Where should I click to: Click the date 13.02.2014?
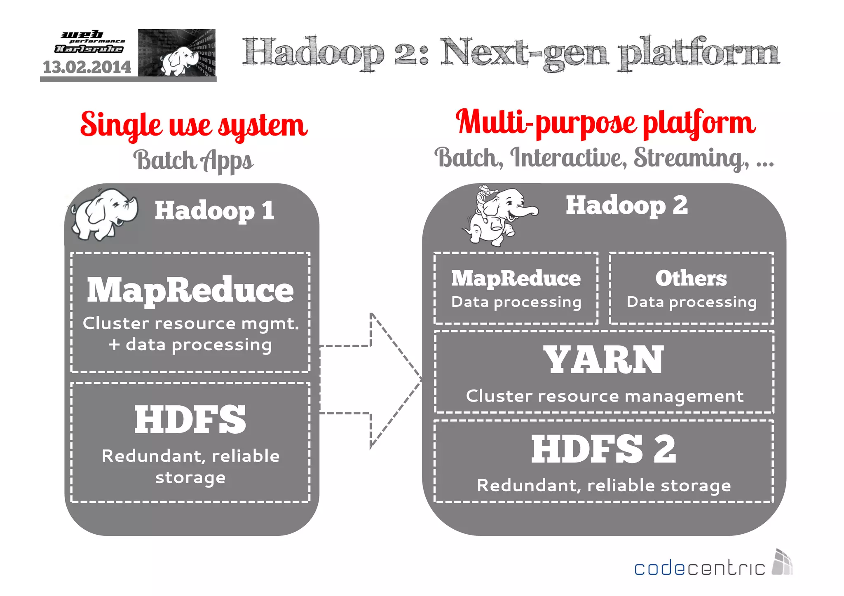87,67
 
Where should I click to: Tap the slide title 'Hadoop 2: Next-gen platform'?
511,53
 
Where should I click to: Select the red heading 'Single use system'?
194,125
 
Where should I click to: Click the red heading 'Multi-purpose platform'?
605,122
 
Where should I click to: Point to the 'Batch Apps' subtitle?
193,160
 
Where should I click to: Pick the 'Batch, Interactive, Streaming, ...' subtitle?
604,158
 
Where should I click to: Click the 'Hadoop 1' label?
214,210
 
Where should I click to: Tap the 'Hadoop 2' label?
626,205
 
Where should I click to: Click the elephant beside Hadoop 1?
105,213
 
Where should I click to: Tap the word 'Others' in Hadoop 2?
691,278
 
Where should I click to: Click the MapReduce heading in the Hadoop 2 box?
516,278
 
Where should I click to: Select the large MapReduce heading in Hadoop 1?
190,290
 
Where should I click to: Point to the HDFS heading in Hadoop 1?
190,420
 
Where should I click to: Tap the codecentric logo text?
699,569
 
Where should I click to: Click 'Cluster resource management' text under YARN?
605,396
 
